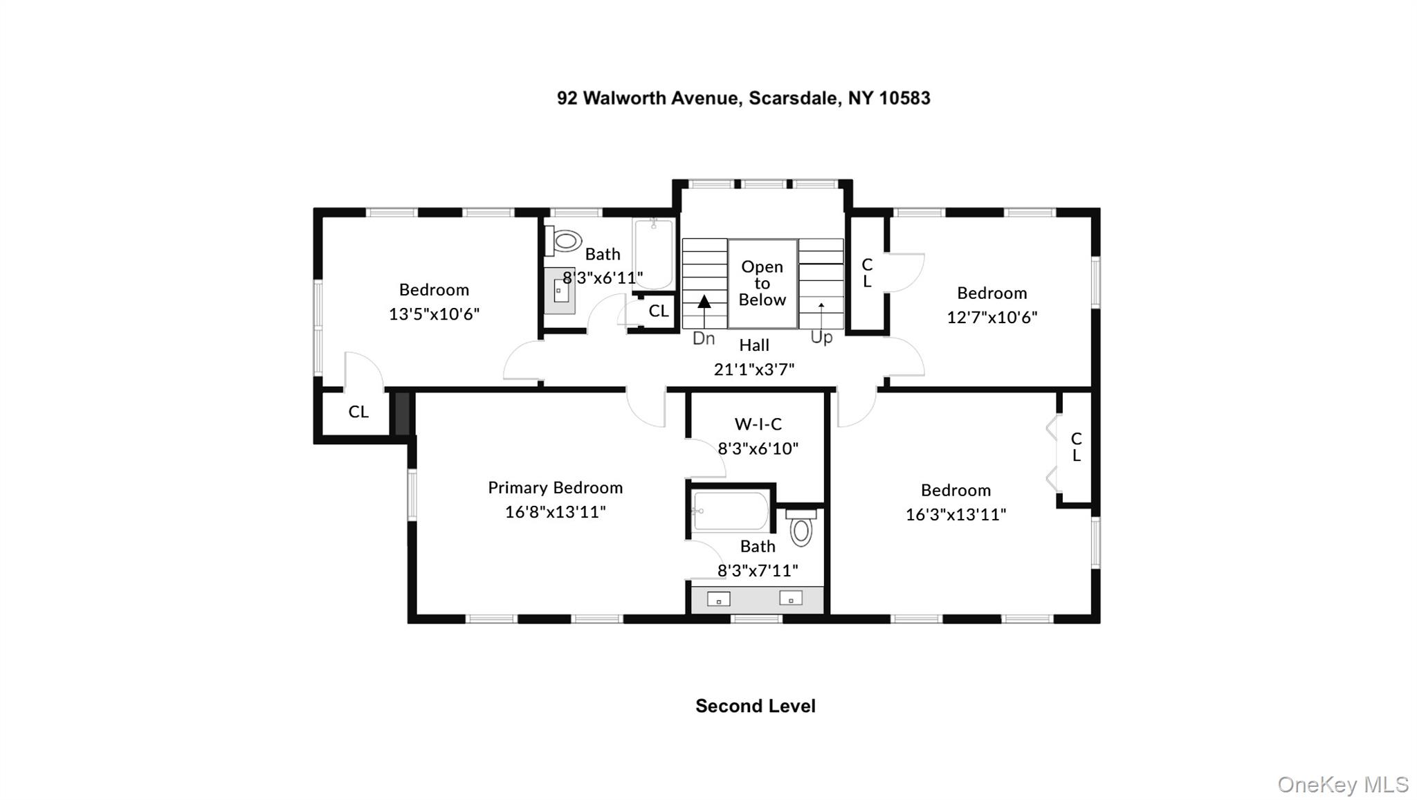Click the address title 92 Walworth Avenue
point(743,98)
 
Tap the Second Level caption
point(755,706)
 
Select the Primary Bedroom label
point(555,488)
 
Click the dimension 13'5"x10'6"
point(434,314)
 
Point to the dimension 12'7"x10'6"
point(991,318)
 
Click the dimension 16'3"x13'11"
point(956,515)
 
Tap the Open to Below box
point(762,283)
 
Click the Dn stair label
point(703,338)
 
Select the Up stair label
point(821,338)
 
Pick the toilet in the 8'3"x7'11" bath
point(801,529)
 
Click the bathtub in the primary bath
point(731,511)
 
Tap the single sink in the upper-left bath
point(560,291)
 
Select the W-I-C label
point(758,424)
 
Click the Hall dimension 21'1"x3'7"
point(753,370)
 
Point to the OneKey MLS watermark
point(1342,785)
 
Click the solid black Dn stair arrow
point(704,302)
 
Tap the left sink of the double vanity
point(718,599)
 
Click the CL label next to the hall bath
point(658,311)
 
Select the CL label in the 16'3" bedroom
point(1076,447)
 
